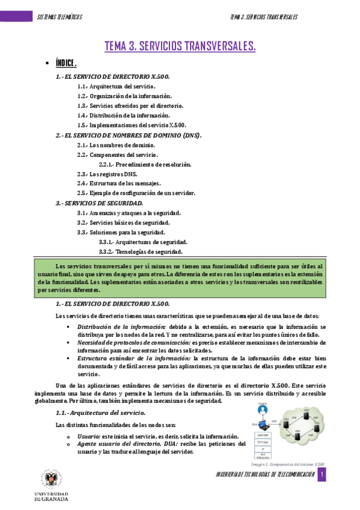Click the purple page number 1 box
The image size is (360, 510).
coord(322,475)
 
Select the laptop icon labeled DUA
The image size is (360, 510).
coord(260,424)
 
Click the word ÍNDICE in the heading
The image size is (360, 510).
coord(66,63)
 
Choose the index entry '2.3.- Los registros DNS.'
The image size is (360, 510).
coord(107,174)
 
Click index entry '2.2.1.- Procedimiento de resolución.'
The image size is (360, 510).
coord(145,164)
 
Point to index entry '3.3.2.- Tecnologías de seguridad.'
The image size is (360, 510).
coord(141,251)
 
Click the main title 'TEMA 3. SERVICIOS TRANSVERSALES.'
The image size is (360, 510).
coord(180,46)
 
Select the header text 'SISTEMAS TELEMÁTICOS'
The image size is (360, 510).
coord(60,16)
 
